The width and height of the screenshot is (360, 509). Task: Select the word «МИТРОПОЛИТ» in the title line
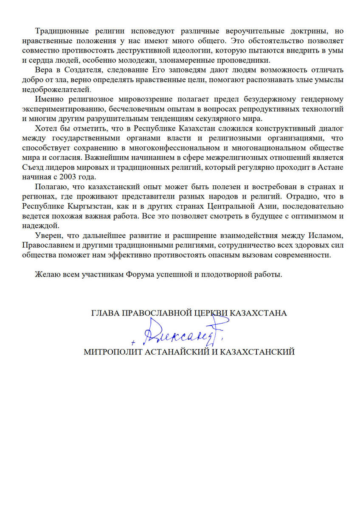click(x=111, y=352)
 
